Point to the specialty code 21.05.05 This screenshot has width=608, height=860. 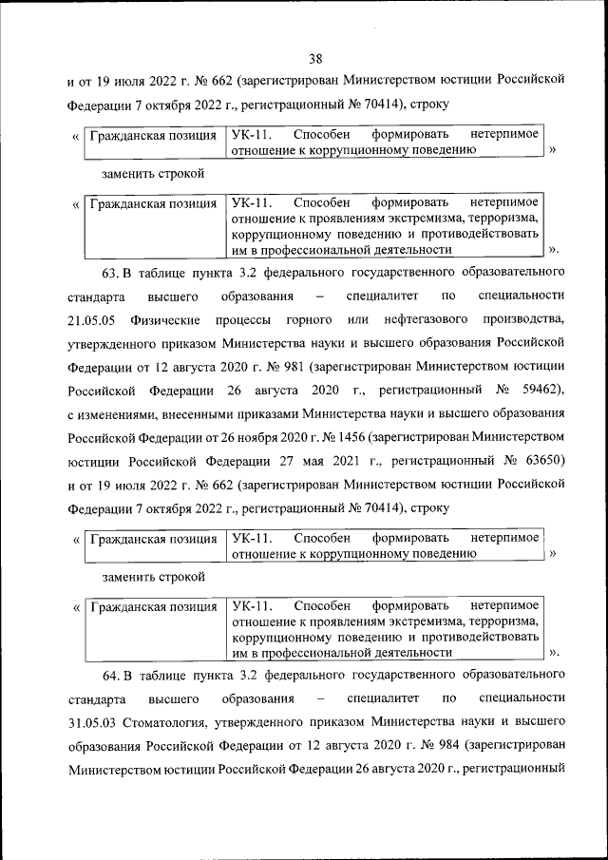(92, 320)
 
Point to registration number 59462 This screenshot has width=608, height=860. (537, 389)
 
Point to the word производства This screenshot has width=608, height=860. (521, 320)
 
